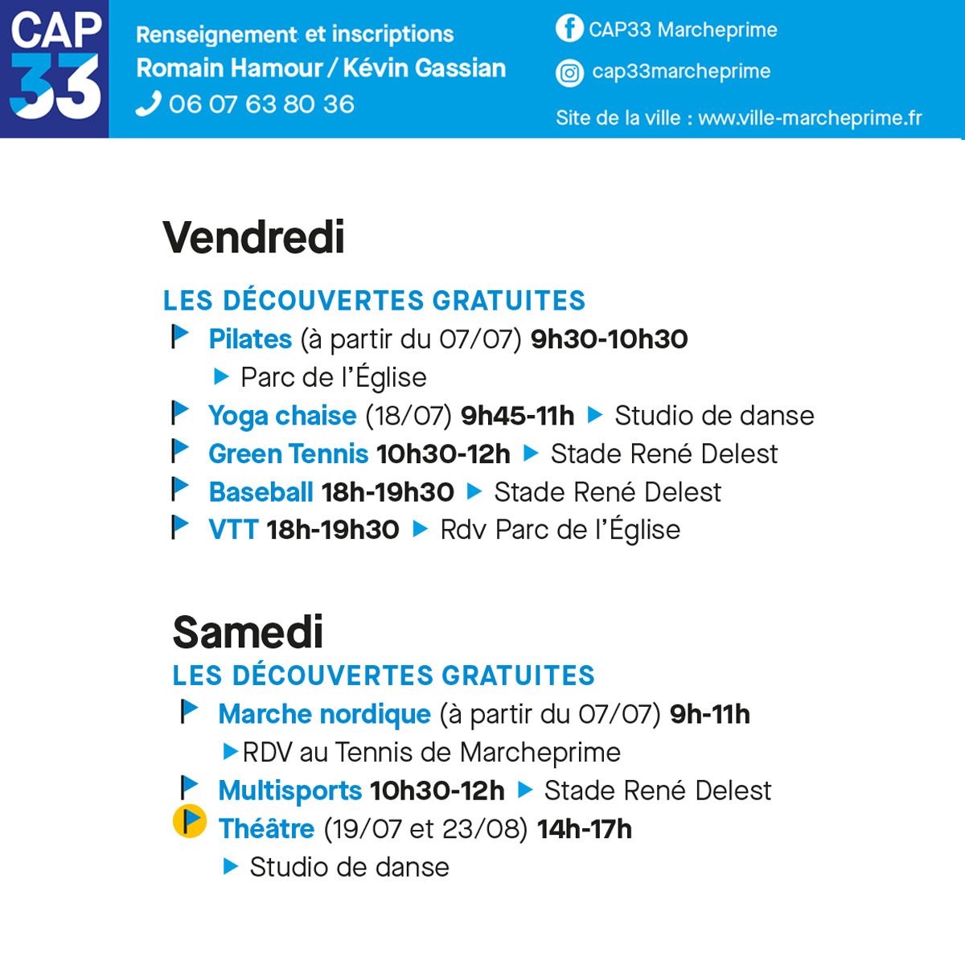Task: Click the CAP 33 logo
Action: pyautogui.click(x=55, y=68)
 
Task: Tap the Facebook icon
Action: pyautogui.click(x=569, y=28)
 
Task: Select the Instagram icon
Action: pyautogui.click(x=569, y=73)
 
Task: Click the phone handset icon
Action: pyautogui.click(x=148, y=105)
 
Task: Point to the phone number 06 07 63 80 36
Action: pyautogui.click(x=261, y=105)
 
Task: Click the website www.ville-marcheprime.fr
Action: pyautogui.click(x=810, y=118)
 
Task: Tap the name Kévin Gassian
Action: pyautogui.click(x=425, y=68)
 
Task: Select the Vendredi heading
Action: pyautogui.click(x=254, y=237)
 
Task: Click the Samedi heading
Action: pyautogui.click(x=248, y=632)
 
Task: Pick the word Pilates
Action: pyautogui.click(x=250, y=339)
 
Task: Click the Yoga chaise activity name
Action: pyautogui.click(x=282, y=416)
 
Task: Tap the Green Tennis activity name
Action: pyautogui.click(x=288, y=454)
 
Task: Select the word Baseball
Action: pyautogui.click(x=261, y=492)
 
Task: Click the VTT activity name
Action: pyautogui.click(x=233, y=530)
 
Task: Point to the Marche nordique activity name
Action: pyautogui.click(x=324, y=714)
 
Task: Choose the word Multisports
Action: pyautogui.click(x=289, y=790)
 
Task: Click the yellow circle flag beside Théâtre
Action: pyautogui.click(x=190, y=822)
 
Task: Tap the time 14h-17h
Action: pyautogui.click(x=585, y=829)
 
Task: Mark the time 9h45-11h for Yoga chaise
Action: pyautogui.click(x=518, y=416)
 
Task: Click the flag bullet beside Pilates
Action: pyautogui.click(x=180, y=335)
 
